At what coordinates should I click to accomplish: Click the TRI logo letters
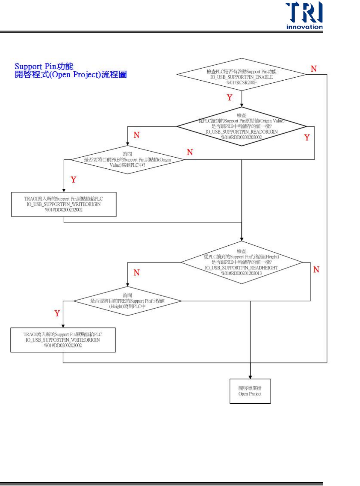(x=304, y=12)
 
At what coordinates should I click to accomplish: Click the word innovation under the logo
(x=304, y=27)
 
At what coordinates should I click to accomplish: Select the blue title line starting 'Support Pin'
(x=44, y=66)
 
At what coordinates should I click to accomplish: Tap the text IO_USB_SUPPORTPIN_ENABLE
(x=241, y=77)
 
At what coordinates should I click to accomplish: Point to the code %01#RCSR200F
(x=241, y=82)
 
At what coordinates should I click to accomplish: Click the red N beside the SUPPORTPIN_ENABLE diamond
(x=314, y=69)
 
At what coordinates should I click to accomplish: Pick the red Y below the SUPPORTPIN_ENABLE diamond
(x=229, y=97)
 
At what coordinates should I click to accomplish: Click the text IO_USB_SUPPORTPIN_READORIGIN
(x=241, y=132)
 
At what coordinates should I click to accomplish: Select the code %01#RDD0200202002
(x=241, y=137)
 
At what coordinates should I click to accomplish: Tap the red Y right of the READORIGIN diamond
(x=307, y=137)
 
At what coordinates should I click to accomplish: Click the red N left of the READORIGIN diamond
(x=136, y=135)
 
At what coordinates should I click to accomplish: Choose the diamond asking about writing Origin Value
(x=127, y=160)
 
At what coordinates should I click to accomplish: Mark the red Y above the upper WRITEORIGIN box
(x=73, y=179)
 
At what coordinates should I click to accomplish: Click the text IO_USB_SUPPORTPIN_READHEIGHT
(x=241, y=268)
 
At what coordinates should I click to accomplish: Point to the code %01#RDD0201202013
(x=241, y=273)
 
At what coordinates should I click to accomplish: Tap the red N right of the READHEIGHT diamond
(x=316, y=269)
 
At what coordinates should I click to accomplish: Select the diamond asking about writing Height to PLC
(x=127, y=301)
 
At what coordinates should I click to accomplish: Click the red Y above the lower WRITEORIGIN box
(x=57, y=313)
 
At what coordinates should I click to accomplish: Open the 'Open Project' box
(x=250, y=391)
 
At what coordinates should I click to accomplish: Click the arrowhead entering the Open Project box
(x=250, y=377)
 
